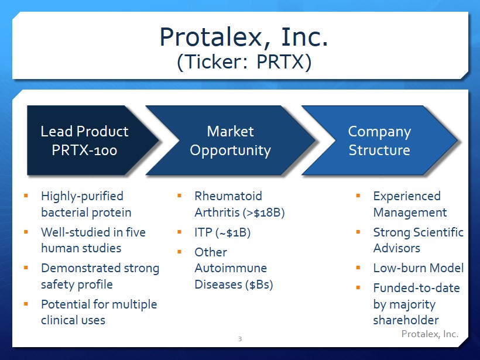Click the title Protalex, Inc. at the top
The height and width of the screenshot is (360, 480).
point(244,37)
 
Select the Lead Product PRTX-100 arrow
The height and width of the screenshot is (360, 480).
point(92,140)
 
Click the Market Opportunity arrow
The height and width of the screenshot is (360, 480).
point(231,140)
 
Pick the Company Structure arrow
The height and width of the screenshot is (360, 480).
point(379,140)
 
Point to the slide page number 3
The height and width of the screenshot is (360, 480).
point(240,339)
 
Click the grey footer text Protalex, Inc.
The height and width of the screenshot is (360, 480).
point(430,334)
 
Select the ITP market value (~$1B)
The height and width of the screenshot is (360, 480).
point(233,232)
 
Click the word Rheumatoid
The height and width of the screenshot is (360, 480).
point(228,196)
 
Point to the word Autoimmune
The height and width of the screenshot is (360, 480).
point(231,268)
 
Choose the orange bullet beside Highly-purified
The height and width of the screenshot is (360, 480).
point(26,196)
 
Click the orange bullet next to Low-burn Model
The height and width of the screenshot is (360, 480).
point(358,268)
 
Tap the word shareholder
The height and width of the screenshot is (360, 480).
point(406,320)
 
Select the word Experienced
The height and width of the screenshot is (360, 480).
point(407,196)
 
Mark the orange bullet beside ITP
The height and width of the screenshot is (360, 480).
point(179,232)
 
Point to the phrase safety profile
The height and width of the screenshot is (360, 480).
point(77,284)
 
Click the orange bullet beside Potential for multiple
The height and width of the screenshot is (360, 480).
point(26,304)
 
